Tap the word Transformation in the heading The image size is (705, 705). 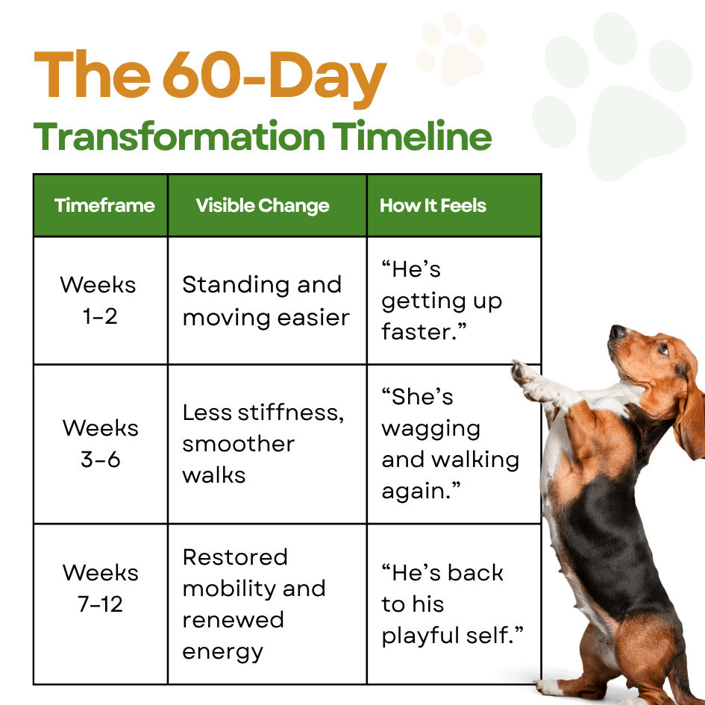click(179, 137)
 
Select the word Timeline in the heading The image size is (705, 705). click(412, 135)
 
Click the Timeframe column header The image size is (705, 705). click(104, 205)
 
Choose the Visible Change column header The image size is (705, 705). click(263, 206)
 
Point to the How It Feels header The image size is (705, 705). click(433, 205)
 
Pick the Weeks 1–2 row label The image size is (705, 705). click(98, 301)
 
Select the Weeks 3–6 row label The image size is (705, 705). click(101, 443)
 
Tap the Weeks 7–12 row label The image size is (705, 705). click(101, 588)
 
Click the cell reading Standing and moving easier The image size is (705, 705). click(266, 301)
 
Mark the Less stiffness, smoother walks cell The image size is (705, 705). click(263, 444)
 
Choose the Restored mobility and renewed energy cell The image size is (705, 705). click(254, 604)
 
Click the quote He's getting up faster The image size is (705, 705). click(442, 301)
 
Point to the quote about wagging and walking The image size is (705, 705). click(450, 444)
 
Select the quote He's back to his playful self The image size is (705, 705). click(452, 604)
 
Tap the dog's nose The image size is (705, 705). click(617, 332)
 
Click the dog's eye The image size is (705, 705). click(662, 349)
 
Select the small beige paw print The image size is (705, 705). click(451, 49)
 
